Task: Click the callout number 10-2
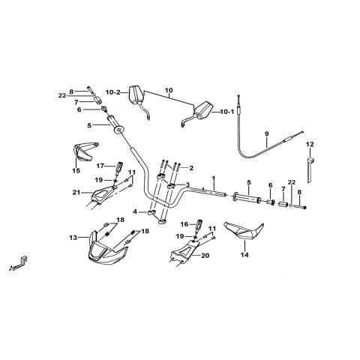(113, 92)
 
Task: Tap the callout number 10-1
(227, 112)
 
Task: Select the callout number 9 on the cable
(266, 133)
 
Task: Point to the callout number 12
(310, 144)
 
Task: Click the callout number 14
(244, 255)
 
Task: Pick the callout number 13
(73, 238)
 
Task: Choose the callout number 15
(76, 170)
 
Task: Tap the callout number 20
(205, 256)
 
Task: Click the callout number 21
(77, 192)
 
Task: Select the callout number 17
(100, 166)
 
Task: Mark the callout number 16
(184, 224)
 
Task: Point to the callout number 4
(135, 212)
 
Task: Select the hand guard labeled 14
(244, 230)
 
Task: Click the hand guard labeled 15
(84, 151)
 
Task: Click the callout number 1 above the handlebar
(213, 178)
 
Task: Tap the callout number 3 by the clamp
(187, 184)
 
